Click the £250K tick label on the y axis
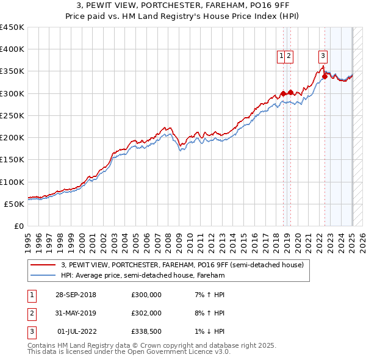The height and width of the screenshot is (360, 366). tap(12, 115)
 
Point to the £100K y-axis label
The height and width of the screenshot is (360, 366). tap(12, 182)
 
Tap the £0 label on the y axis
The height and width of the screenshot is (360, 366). tap(20, 226)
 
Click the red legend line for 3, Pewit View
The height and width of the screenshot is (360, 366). tap(42, 265)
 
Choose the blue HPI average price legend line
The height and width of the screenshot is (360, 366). tap(42, 275)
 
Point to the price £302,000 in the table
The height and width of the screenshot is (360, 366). tap(146, 313)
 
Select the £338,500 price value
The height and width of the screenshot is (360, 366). tap(146, 331)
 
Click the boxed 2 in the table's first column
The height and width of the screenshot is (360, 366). tap(30, 313)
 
